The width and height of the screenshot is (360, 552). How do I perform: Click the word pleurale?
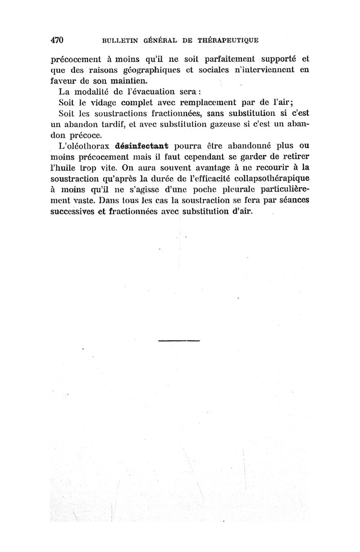click(229, 188)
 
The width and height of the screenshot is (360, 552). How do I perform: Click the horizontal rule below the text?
click(179, 340)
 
